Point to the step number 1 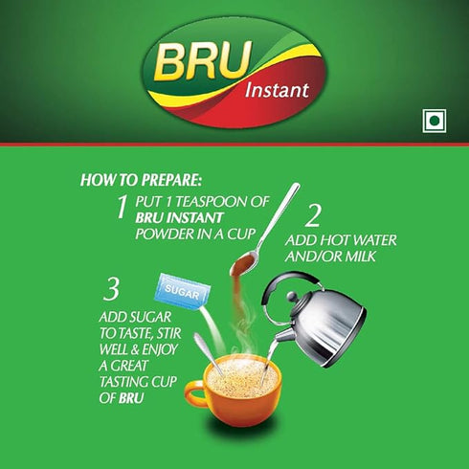(122, 205)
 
